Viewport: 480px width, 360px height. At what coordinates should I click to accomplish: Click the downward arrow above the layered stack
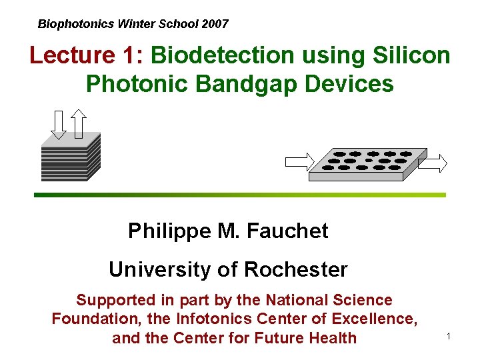click(59, 124)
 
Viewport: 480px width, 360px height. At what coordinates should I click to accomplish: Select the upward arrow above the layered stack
click(79, 123)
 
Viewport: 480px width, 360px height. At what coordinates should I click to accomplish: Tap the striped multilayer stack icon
click(70, 157)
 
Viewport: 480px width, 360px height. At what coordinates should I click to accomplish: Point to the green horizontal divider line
click(240, 195)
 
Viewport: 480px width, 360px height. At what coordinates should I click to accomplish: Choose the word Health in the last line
click(333, 338)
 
